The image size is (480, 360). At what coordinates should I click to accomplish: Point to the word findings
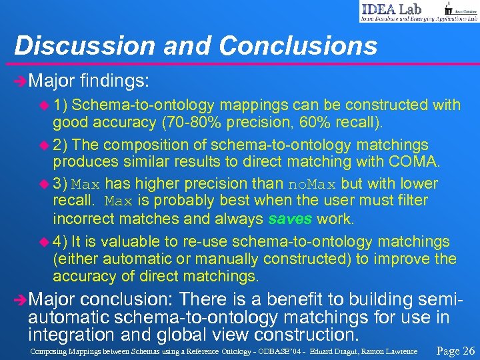click(x=114, y=81)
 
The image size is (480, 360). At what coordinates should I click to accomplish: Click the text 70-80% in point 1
click(x=197, y=123)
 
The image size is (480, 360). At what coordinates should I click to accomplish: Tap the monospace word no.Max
click(x=313, y=183)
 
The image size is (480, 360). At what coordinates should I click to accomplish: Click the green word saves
click(x=291, y=218)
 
